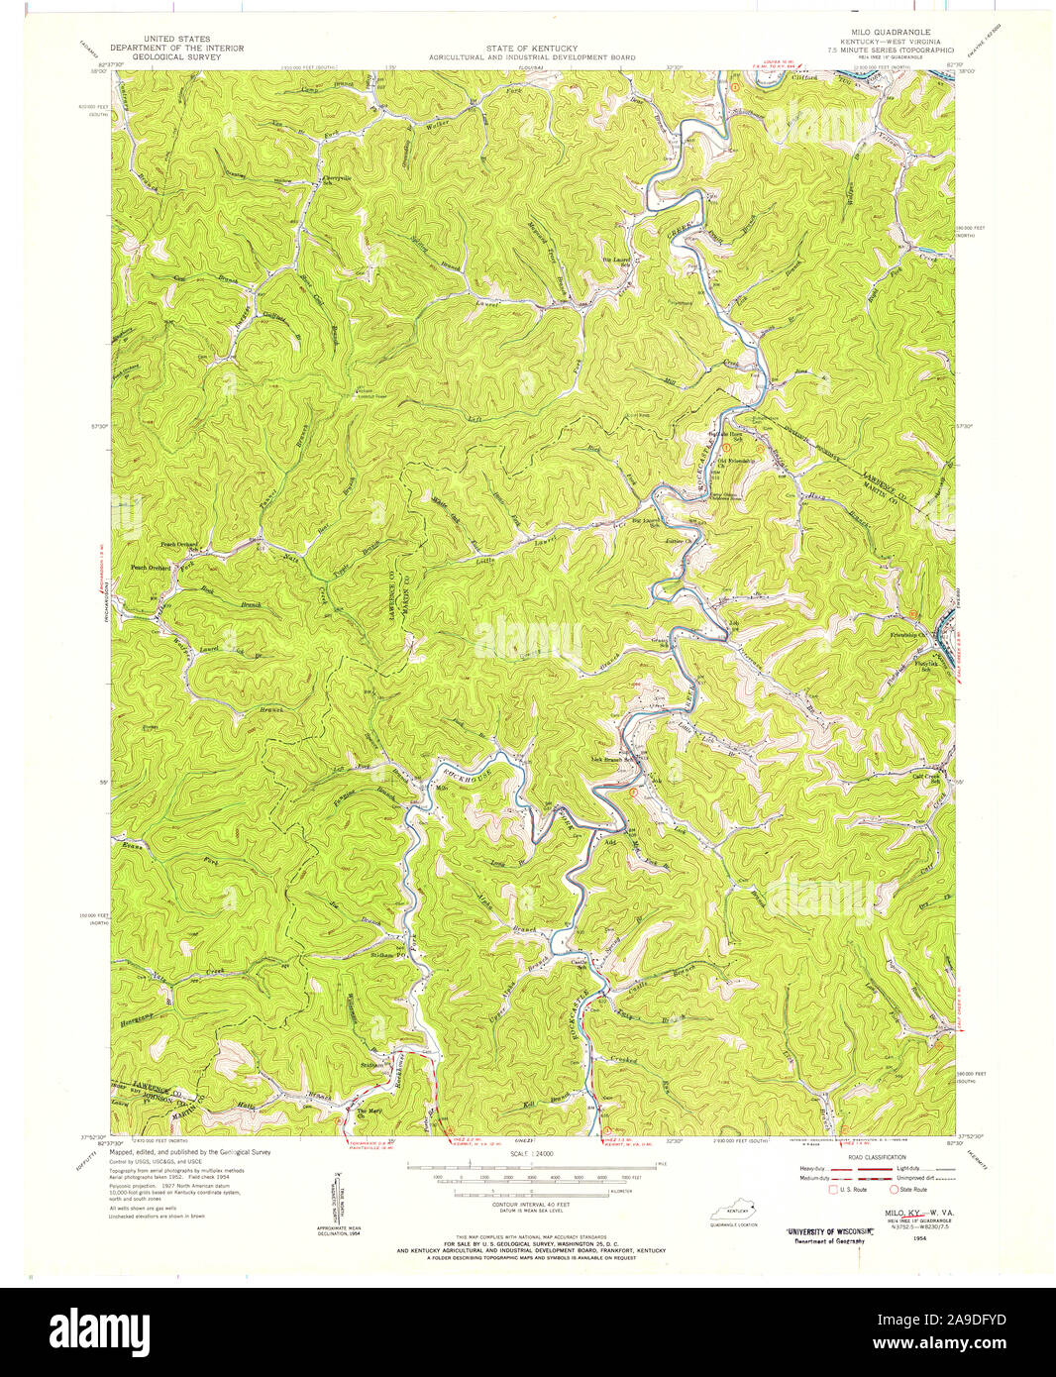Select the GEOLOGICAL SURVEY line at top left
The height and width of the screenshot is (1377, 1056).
[165, 57]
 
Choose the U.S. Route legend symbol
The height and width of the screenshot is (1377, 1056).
[833, 1188]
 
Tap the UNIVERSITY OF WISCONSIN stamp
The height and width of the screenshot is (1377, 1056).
[820, 1231]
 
